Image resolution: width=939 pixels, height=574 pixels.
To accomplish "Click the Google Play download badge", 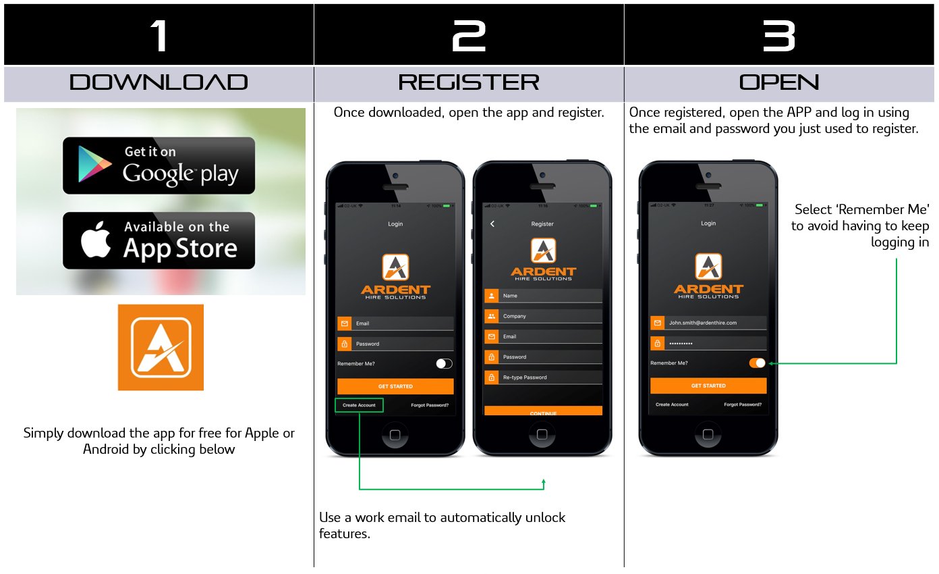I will (x=159, y=165).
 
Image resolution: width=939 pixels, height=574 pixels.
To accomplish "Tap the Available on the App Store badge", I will (x=159, y=240).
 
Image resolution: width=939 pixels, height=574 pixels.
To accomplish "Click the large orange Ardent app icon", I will (x=161, y=347).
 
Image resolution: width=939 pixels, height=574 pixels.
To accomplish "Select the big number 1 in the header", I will (x=159, y=35).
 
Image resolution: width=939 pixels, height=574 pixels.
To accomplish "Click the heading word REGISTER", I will (x=469, y=83).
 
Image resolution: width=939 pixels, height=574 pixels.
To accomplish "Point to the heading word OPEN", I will (x=779, y=83).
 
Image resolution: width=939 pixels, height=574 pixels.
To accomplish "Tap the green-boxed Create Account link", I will (x=359, y=405).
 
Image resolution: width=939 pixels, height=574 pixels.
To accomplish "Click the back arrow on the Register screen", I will (x=492, y=224).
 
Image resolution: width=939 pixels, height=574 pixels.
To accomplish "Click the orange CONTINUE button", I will (x=543, y=411).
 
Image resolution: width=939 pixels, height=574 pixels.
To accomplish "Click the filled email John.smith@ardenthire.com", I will (x=708, y=323).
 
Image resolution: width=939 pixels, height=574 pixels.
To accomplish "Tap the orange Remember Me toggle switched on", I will (x=757, y=363).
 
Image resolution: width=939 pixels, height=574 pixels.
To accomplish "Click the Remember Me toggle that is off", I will (x=444, y=364).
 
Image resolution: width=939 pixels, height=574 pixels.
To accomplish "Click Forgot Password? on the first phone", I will (x=430, y=405).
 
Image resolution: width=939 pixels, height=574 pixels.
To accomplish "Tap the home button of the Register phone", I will (x=542, y=434).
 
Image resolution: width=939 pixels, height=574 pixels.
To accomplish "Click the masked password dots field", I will (x=708, y=344).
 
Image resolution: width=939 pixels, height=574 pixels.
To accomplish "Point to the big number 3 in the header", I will (x=779, y=35).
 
